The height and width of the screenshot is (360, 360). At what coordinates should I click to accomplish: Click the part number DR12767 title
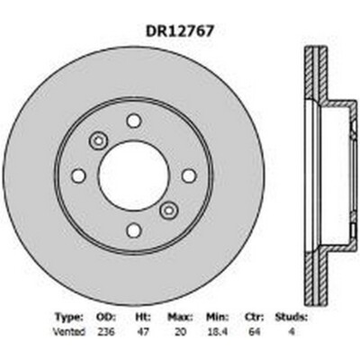tap(179, 30)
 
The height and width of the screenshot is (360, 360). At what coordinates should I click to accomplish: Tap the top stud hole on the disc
tap(133, 121)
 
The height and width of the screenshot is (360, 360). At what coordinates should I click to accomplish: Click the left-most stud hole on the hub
tap(79, 175)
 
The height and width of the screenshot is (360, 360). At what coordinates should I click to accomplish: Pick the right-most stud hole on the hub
tap(188, 175)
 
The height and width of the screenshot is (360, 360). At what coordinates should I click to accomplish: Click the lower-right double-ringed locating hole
tap(168, 210)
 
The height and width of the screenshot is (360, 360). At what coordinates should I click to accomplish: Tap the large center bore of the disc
tap(133, 175)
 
